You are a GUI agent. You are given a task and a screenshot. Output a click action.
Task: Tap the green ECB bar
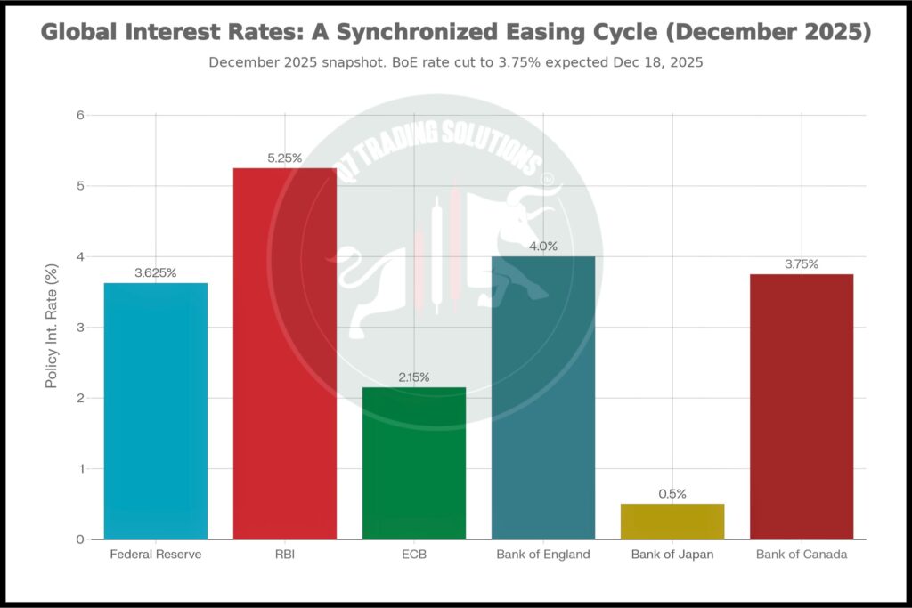[x=414, y=463]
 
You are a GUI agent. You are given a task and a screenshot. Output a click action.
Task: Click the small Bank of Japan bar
[x=672, y=522]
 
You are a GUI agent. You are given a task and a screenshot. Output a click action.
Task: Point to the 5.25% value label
[x=285, y=158]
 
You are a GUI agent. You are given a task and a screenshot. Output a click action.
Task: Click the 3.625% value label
[x=156, y=273]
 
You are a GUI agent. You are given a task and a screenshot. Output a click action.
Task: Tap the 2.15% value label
[x=414, y=377]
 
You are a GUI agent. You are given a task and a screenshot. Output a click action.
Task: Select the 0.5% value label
[x=672, y=494]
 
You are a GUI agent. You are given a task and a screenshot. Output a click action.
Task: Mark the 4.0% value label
[x=543, y=247]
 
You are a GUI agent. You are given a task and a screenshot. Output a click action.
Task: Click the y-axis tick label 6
[x=79, y=115]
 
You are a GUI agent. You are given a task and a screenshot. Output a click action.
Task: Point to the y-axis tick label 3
[x=79, y=328]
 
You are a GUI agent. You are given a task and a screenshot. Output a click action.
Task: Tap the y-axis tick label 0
[x=79, y=539]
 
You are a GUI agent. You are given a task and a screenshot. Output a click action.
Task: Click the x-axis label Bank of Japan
[x=672, y=555]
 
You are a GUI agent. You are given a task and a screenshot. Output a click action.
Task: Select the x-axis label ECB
[x=414, y=555]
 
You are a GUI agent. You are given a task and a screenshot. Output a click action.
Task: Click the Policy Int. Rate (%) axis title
[x=52, y=328]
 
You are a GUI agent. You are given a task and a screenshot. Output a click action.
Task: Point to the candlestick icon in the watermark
[x=437, y=258]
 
